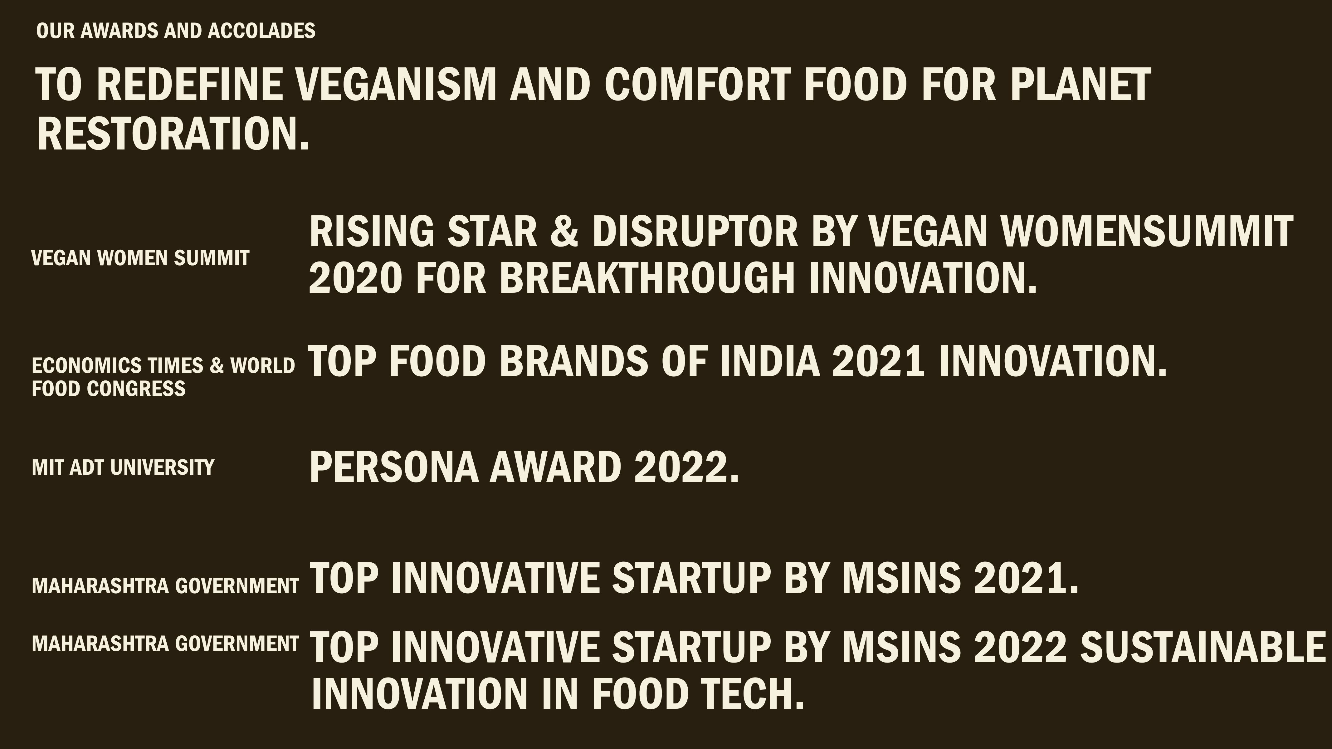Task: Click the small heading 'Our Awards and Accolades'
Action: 176,31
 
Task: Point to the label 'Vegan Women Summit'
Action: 141,257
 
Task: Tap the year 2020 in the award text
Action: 355,278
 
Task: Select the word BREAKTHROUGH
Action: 647,278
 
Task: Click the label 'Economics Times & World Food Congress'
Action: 163,377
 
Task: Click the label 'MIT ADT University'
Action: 123,467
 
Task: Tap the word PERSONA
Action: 394,467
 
